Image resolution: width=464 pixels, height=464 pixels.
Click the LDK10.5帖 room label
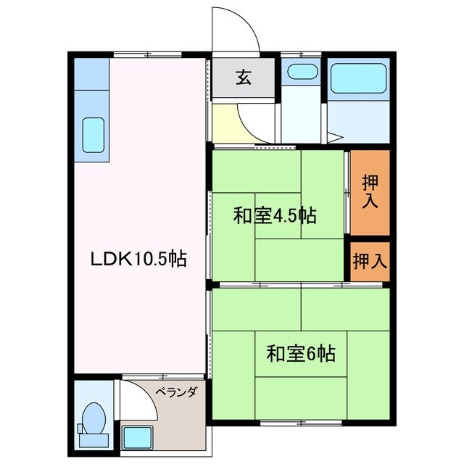tap(138, 258)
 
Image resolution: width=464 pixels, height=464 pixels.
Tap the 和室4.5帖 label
tap(274, 215)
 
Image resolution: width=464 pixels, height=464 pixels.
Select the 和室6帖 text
tap(300, 354)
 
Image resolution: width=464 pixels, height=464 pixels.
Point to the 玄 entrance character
tap(243, 78)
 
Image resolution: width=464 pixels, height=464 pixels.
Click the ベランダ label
tap(175, 392)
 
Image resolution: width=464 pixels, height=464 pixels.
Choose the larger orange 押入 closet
tap(370, 192)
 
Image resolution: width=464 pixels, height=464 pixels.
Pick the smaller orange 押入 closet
tap(370, 261)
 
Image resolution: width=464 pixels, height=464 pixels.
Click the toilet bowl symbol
tap(92, 418)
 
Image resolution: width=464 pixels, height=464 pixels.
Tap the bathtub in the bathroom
tap(358, 80)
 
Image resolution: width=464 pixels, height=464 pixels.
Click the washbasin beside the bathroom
tap(300, 72)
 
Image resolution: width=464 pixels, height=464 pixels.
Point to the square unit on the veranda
tap(137, 437)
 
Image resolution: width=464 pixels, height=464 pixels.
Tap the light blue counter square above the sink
tap(91, 72)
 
